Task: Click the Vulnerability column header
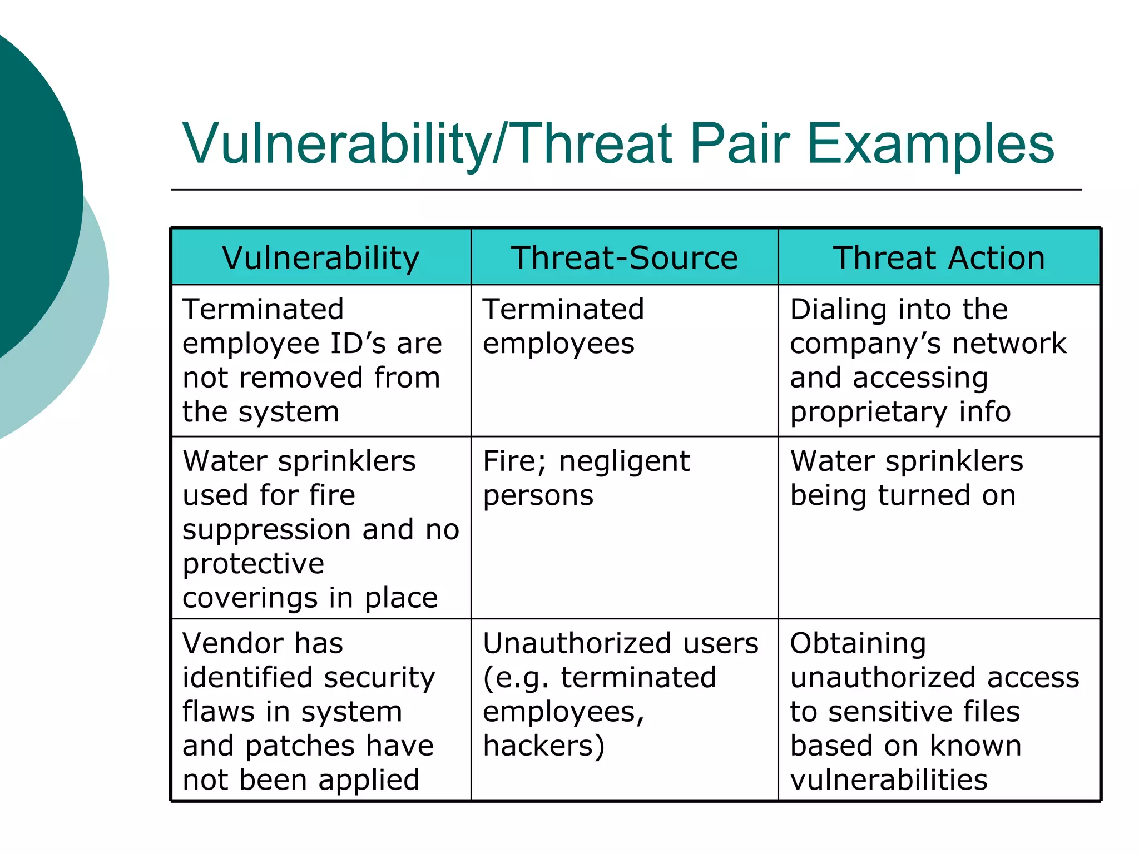(320, 258)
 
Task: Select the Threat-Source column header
(624, 258)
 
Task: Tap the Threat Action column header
(939, 258)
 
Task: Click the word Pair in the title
(739, 145)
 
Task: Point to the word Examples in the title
(930, 145)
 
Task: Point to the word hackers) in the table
(543, 746)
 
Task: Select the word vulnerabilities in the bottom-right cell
(888, 780)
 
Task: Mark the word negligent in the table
(624, 461)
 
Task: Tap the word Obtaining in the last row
(858, 644)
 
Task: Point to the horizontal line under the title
(626, 190)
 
